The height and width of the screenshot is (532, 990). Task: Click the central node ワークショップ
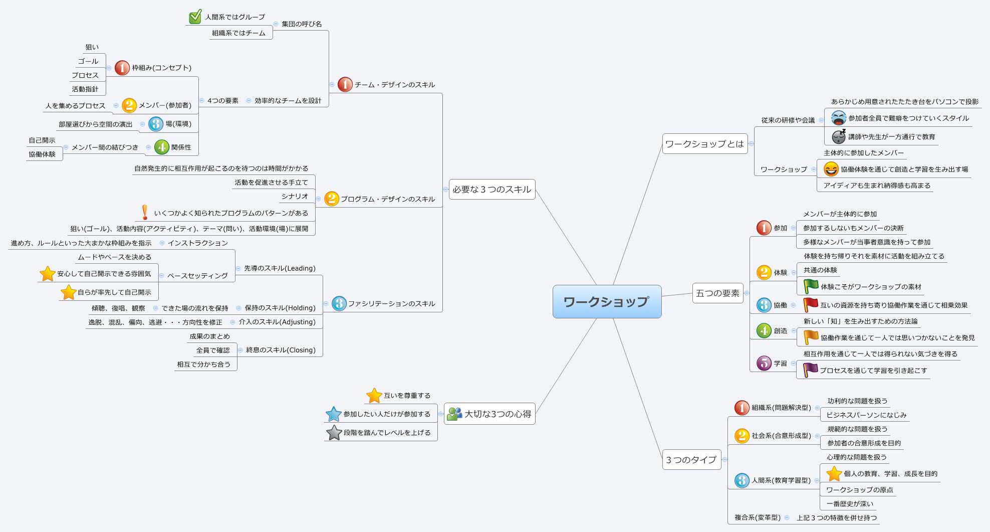click(x=606, y=301)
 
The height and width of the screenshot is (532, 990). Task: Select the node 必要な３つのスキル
click(x=491, y=190)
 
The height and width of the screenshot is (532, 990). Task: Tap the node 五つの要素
click(x=717, y=293)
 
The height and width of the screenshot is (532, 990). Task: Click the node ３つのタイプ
click(x=691, y=460)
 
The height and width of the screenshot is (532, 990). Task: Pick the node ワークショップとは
click(x=704, y=144)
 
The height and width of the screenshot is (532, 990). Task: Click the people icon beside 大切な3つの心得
click(x=454, y=414)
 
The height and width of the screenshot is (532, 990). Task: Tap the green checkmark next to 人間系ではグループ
click(x=195, y=17)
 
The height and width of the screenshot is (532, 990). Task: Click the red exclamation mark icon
click(x=145, y=213)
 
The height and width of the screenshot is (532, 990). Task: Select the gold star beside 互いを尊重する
click(x=374, y=396)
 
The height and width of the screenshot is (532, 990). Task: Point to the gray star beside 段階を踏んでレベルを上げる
click(x=334, y=432)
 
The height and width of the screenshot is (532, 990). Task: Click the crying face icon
click(x=838, y=118)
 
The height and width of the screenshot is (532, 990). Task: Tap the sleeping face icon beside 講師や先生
click(x=838, y=136)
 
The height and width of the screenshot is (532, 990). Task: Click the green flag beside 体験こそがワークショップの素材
click(x=810, y=286)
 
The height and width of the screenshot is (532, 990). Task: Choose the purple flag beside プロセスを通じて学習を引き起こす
click(x=810, y=370)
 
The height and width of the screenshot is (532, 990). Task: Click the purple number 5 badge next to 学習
click(x=764, y=363)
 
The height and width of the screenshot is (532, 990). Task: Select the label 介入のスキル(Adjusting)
click(x=277, y=322)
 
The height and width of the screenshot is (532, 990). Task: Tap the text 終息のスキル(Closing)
click(x=281, y=350)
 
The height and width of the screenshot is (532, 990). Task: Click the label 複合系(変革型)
click(x=757, y=517)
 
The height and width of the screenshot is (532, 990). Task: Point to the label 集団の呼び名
click(x=302, y=24)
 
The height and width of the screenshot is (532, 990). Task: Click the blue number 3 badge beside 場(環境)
click(x=156, y=124)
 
